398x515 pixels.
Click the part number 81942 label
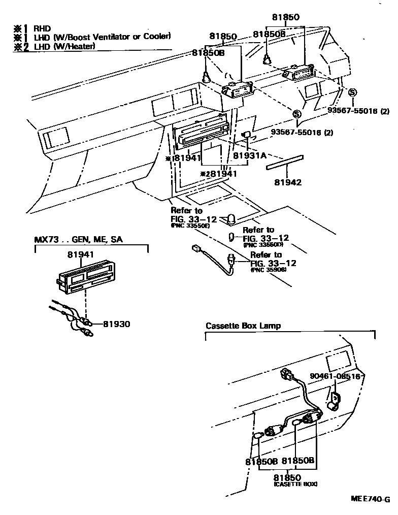click(288, 182)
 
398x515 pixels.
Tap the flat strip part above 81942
click(285, 162)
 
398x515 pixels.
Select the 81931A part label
click(250, 155)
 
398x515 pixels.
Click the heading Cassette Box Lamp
click(243, 326)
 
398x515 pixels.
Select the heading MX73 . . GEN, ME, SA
click(78, 239)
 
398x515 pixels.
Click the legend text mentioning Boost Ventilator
click(102, 37)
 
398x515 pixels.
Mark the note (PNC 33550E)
click(190, 225)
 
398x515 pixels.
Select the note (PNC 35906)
click(269, 270)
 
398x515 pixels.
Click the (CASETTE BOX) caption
click(295, 485)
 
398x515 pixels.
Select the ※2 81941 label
click(219, 174)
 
